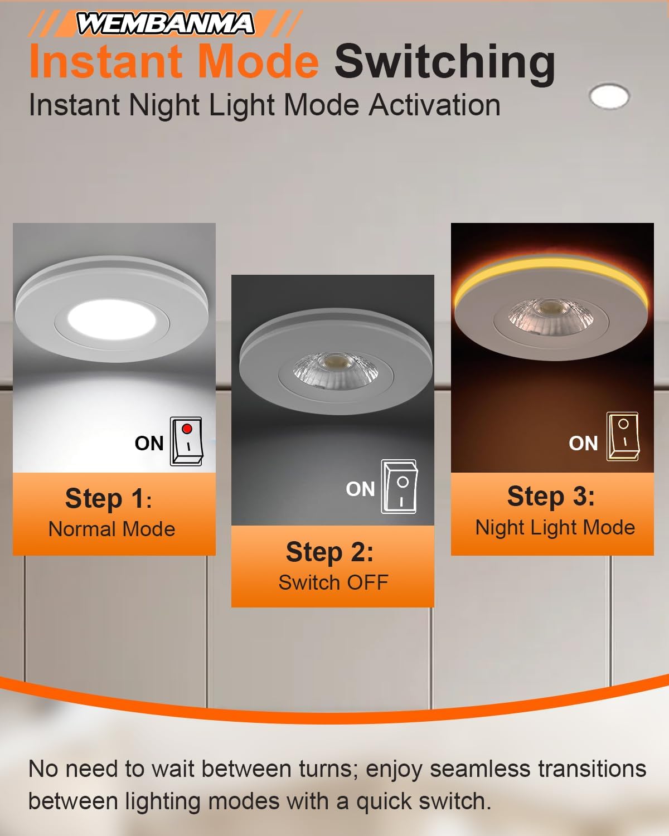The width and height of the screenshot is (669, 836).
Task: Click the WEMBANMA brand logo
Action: (x=165, y=24)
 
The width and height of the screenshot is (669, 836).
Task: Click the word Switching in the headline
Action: (x=444, y=62)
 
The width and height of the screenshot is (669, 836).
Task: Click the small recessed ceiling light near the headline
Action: (x=609, y=96)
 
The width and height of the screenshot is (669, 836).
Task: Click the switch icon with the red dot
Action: (x=186, y=441)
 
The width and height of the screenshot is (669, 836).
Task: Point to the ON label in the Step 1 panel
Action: (x=149, y=444)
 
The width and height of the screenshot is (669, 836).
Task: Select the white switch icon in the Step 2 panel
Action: (x=399, y=487)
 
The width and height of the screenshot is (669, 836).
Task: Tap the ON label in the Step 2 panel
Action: (x=360, y=489)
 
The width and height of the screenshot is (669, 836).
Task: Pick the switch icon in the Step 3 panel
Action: (x=623, y=437)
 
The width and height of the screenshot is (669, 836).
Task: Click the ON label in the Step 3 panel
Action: (x=583, y=444)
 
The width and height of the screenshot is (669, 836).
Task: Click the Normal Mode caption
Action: (x=112, y=529)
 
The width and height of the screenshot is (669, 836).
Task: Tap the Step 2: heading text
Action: (x=329, y=552)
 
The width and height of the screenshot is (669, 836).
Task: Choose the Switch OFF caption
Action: (x=333, y=582)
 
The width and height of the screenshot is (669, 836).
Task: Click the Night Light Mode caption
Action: (x=555, y=527)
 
